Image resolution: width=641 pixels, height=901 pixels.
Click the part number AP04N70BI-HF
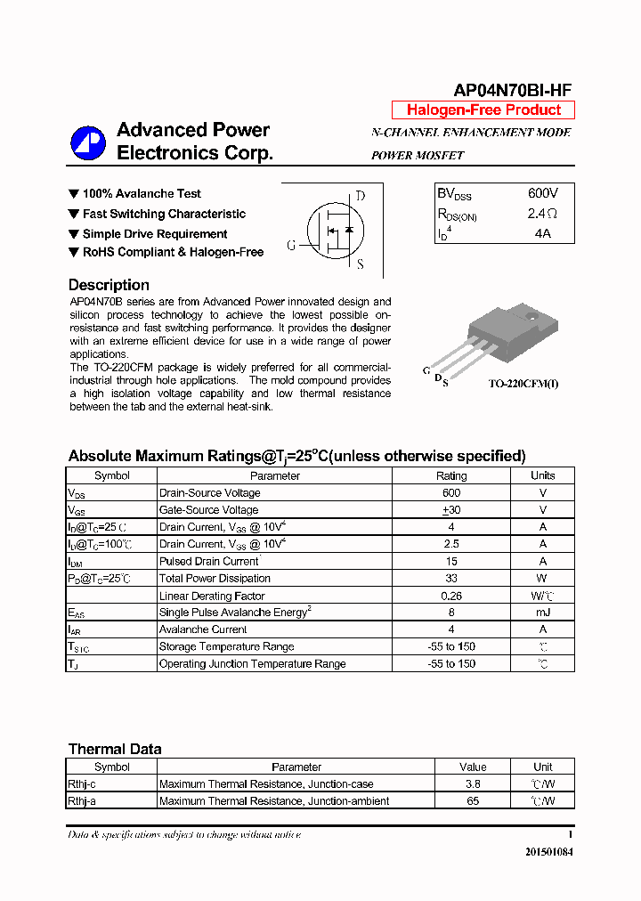coord(512,90)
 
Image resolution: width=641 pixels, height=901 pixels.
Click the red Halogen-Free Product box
coord(483,110)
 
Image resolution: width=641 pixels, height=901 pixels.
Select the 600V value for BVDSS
coord(542,193)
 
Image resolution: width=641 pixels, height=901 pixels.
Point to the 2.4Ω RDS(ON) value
coord(541,214)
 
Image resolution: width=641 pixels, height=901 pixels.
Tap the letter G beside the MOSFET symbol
coord(291,246)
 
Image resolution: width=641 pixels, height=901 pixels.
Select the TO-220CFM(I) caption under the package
coord(523,384)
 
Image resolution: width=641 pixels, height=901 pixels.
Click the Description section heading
coord(109,285)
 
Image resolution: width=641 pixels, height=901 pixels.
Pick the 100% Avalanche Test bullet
coord(142,193)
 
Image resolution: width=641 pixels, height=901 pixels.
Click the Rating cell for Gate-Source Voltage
coord(450,510)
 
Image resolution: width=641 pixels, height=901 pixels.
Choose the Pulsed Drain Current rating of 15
coord(450,562)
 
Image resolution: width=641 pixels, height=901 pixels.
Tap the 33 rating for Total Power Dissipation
coord(450,579)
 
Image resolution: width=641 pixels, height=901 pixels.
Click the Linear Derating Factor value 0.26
coord(450,596)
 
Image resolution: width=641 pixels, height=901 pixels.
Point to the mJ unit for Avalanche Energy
coord(542,613)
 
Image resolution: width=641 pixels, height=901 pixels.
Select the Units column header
coord(542,475)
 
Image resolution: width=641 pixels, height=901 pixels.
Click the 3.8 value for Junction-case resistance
coord(473,784)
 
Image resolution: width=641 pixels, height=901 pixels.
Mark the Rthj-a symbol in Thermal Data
coord(82,801)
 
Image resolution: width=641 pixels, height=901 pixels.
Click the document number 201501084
coord(549,852)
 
